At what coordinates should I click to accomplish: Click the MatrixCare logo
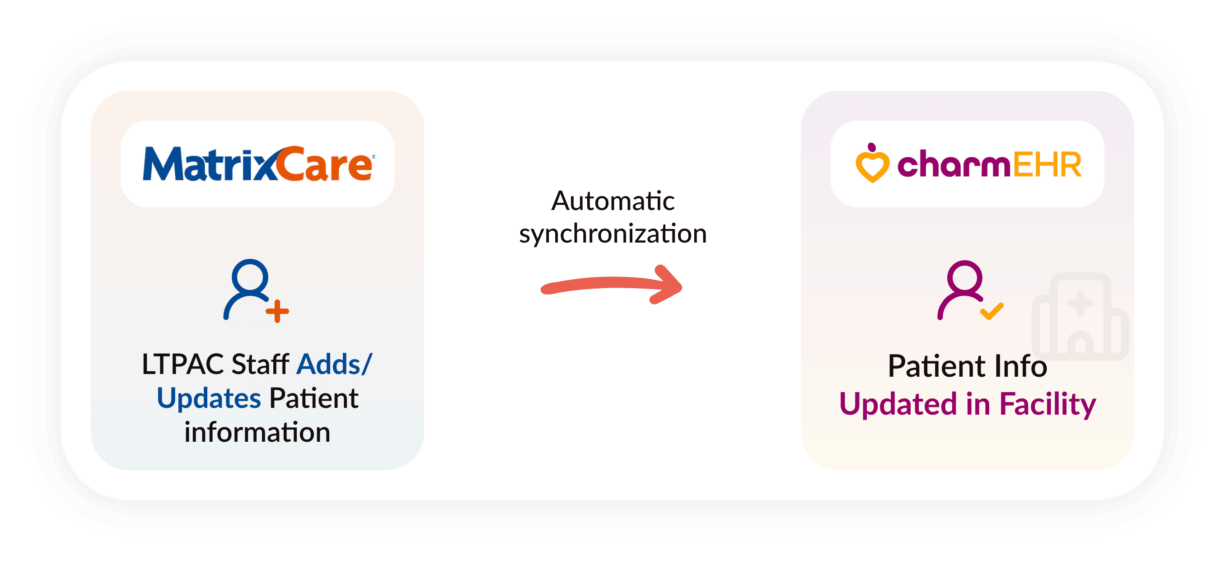click(258, 164)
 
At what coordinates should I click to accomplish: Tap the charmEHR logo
click(967, 164)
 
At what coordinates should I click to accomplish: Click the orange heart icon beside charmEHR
click(872, 164)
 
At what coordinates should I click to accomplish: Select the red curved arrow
click(612, 285)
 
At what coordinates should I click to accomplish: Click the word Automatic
click(612, 201)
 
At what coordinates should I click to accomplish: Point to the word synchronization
click(612, 234)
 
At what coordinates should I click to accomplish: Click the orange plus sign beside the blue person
click(277, 311)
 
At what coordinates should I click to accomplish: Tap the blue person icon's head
click(250, 276)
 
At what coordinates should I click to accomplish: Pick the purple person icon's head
click(964, 277)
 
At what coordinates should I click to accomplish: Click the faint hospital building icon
click(1080, 316)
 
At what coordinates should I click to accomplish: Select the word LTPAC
click(182, 365)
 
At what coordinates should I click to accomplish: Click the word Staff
click(260, 365)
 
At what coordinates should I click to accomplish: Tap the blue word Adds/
click(334, 365)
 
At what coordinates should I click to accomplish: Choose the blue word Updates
click(209, 398)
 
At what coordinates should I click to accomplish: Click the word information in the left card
click(257, 433)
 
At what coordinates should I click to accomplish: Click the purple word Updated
click(898, 405)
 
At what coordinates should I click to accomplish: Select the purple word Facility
click(1047, 405)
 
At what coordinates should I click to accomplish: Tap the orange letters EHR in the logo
click(1047, 165)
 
